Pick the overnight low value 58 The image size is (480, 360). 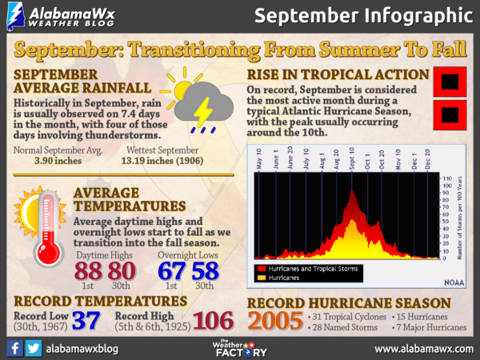pyautogui.click(x=206, y=270)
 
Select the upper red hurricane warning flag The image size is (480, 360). pyautogui.click(x=448, y=80)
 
